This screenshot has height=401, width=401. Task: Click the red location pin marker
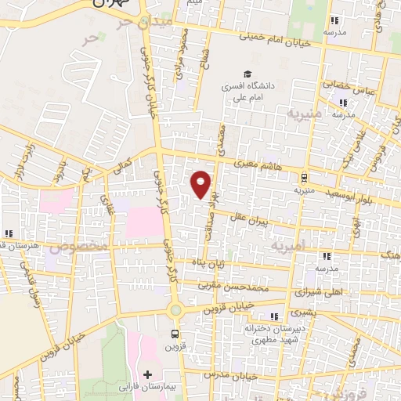pyautogui.click(x=201, y=184)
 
